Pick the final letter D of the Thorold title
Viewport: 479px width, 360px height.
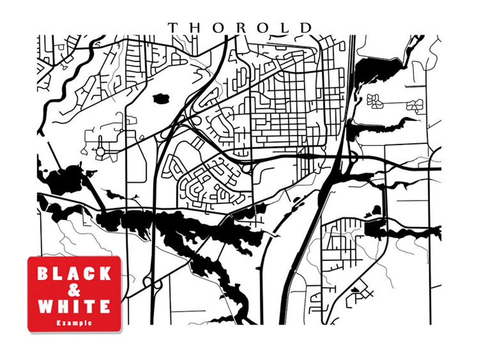[306, 28]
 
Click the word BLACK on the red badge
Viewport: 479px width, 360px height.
[74, 274]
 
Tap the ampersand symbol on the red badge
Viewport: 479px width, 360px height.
[74, 290]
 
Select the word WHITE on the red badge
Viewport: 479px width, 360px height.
[74, 307]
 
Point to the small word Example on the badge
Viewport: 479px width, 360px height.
[74, 323]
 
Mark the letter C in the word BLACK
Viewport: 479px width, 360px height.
[89, 274]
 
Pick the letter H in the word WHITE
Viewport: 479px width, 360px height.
[63, 307]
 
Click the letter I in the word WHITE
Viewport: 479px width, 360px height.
[76, 307]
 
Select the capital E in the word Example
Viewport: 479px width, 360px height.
[58, 323]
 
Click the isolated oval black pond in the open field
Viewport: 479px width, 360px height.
[161, 99]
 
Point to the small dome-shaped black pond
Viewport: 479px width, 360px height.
[376, 210]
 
